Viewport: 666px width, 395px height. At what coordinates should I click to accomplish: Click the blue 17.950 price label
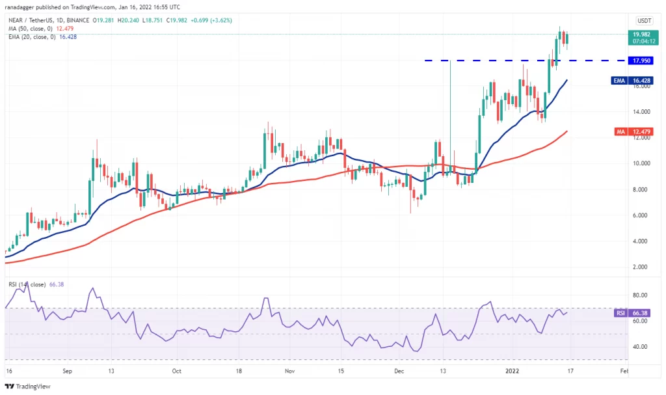(x=641, y=61)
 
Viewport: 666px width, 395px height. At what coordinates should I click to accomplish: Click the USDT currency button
(x=644, y=20)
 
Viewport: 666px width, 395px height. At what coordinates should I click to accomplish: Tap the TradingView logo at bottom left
(x=27, y=387)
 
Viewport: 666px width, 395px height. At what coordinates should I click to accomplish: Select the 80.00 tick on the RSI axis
(x=640, y=295)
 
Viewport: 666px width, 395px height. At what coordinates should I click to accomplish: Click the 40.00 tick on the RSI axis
(x=640, y=347)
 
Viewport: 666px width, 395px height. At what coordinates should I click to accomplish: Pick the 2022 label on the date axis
(x=513, y=371)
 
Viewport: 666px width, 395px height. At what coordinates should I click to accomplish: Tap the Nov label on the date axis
(x=289, y=371)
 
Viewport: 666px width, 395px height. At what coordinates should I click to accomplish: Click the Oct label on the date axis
(x=177, y=371)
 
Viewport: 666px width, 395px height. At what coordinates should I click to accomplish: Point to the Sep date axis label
(x=67, y=371)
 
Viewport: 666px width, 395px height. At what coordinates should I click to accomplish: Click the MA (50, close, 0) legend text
(x=30, y=29)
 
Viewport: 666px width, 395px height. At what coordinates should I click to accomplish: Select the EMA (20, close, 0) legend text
(x=32, y=37)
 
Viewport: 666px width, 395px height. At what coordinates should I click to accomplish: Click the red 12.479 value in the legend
(x=64, y=29)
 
